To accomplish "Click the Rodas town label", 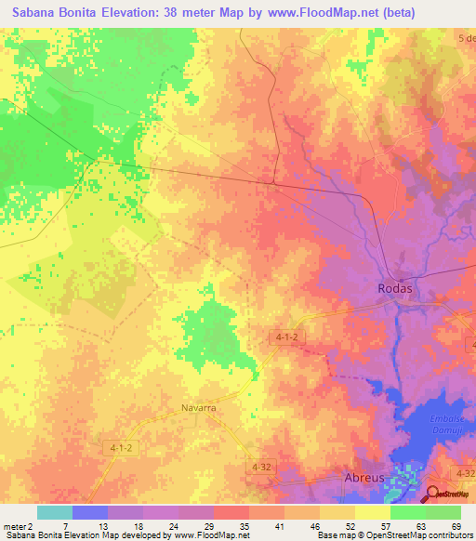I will coord(395,288).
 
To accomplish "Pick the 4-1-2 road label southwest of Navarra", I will coord(120,447).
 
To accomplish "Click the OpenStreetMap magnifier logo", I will coord(433,493).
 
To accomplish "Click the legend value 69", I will coord(456,526).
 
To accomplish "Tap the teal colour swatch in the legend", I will coord(54,512).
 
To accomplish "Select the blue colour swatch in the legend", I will coord(89,512).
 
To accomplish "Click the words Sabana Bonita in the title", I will coord(52,12).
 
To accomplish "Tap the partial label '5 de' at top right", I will coord(466,37).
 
